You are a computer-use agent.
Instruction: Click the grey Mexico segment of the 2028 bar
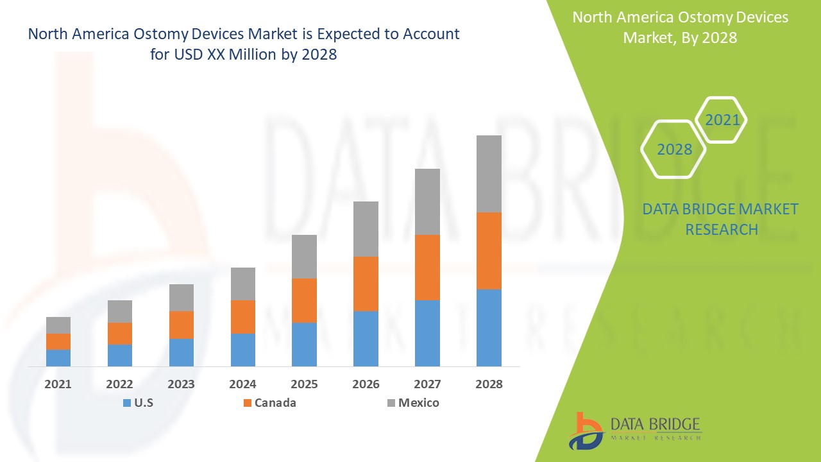click(489, 174)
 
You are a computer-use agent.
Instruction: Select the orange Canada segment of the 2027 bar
click(427, 268)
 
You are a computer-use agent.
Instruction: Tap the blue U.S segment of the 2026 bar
click(366, 339)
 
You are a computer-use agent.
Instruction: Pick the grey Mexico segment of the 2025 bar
click(304, 257)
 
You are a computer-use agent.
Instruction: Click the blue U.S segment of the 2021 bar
click(58, 358)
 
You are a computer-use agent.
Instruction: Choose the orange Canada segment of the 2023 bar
click(182, 325)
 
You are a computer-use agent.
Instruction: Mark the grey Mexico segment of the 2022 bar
click(120, 311)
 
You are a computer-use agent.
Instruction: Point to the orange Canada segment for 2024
click(243, 317)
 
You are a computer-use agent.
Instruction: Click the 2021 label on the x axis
click(58, 384)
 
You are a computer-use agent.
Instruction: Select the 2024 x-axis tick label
click(243, 384)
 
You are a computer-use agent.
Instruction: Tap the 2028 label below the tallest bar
click(489, 384)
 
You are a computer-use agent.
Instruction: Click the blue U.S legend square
click(126, 403)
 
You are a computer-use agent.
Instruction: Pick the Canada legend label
click(275, 403)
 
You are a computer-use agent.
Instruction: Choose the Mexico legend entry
click(418, 403)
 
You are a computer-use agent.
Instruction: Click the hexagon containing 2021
click(722, 120)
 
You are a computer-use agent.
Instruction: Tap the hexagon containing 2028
click(674, 150)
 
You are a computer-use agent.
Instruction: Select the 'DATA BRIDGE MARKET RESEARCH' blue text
click(721, 219)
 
